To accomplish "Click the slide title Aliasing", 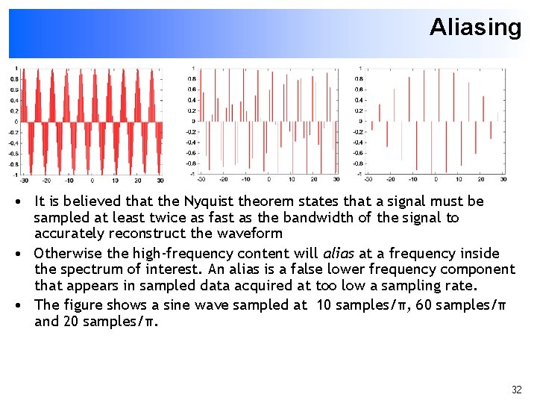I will click(475, 28).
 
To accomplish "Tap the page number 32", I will click(517, 390).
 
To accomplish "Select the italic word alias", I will click(338, 253).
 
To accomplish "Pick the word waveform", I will click(251, 234).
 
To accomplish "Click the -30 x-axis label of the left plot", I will click(24, 180).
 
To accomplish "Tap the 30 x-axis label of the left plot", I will click(160, 180).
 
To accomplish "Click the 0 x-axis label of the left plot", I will click(92, 180).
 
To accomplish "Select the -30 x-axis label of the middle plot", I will click(201, 179).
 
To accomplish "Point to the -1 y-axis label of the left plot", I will click(14, 174).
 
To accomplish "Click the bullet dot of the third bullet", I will click(25, 304).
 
